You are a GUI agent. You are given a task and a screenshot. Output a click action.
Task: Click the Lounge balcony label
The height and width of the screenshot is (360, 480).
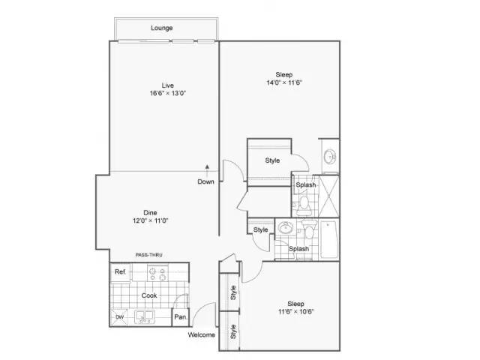tap(162, 28)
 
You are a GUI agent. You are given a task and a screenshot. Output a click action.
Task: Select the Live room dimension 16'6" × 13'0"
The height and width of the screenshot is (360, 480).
tap(168, 93)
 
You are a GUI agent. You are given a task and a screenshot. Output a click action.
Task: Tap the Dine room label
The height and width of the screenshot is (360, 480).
tap(150, 212)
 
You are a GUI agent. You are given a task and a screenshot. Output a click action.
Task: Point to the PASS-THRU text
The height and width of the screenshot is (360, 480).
tap(148, 255)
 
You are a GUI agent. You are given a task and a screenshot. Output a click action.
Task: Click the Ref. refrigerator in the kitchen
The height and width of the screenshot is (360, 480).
tap(120, 271)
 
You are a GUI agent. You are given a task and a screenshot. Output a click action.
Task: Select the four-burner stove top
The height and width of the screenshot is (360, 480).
tap(157, 273)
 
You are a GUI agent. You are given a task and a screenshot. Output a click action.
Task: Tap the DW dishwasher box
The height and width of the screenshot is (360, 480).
tap(119, 317)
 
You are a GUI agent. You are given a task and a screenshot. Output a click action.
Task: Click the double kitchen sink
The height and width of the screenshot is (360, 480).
tap(145, 316)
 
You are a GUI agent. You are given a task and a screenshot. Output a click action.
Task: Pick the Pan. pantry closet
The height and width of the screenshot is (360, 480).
tap(180, 317)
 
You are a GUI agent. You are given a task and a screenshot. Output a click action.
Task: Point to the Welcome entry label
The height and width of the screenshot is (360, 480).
tap(202, 335)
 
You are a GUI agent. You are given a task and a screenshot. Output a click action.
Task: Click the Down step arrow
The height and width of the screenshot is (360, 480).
tap(207, 171)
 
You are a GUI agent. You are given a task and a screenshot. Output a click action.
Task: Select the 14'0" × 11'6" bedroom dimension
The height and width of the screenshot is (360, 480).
tap(284, 82)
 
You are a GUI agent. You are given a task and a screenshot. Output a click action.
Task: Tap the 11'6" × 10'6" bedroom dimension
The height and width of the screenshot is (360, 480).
tap(296, 312)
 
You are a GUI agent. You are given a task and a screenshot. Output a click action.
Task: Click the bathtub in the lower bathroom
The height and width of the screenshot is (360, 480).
tap(329, 240)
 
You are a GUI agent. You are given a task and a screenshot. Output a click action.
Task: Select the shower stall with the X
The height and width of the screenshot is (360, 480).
tap(328, 196)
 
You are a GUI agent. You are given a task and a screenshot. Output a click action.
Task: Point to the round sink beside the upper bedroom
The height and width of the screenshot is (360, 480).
tap(330, 157)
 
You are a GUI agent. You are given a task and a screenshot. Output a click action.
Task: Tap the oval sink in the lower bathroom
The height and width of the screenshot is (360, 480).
tap(286, 228)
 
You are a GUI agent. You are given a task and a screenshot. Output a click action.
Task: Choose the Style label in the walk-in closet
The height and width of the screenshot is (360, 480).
tap(272, 160)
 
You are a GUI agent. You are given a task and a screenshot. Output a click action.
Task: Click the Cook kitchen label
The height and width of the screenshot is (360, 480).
tap(149, 295)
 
